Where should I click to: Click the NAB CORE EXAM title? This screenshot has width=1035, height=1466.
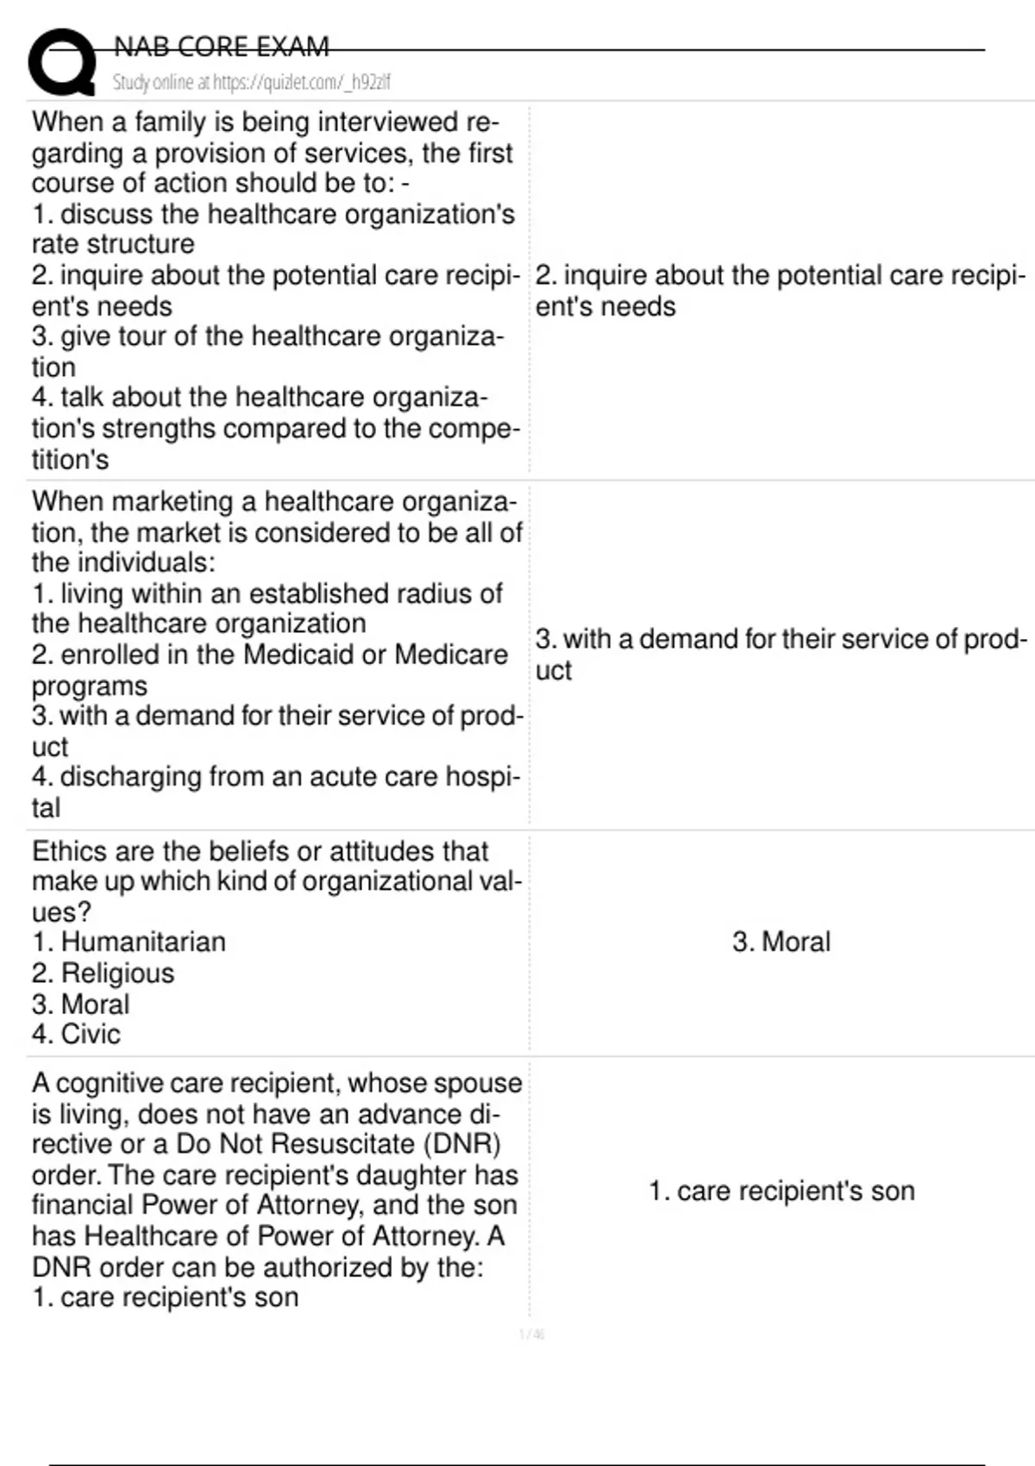(222, 47)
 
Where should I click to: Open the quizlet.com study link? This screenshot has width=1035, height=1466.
(251, 82)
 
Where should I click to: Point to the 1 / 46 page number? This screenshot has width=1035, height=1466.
(531, 1335)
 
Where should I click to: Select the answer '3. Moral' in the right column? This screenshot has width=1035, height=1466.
(781, 942)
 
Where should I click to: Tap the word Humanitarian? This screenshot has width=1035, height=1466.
(143, 942)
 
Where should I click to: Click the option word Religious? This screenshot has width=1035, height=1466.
(117, 973)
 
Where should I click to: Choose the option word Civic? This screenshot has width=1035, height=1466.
(91, 1034)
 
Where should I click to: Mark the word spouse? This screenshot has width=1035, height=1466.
(477, 1083)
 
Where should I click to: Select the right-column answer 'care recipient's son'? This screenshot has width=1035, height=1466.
(781, 1191)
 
